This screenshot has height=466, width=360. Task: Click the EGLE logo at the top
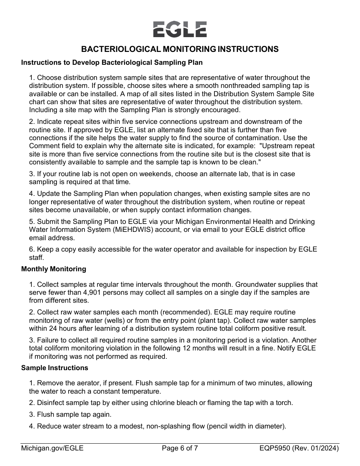tap(180, 29)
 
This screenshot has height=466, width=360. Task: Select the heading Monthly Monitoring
tap(53, 269)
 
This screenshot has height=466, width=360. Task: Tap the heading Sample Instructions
tap(55, 368)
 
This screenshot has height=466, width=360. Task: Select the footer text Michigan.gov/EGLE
tap(52, 449)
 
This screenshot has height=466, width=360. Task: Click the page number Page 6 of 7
tap(180, 449)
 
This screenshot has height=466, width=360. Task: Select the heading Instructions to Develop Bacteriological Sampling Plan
tap(112, 63)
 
